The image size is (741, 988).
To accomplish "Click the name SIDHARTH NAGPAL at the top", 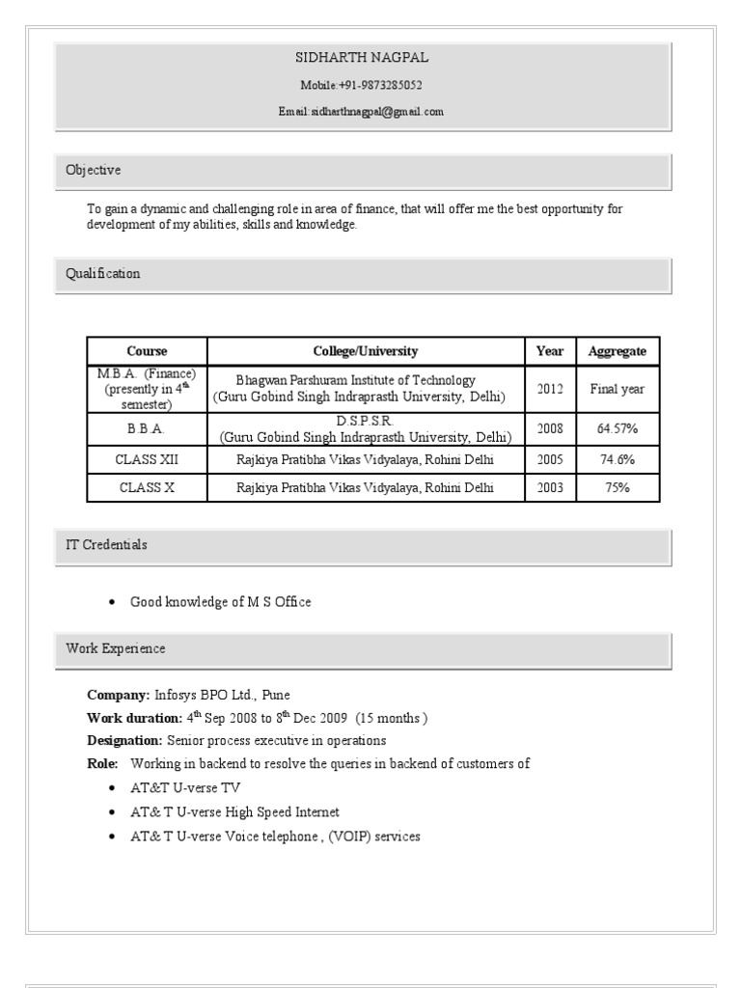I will click(x=362, y=58).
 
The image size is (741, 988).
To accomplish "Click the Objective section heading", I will click(x=94, y=171).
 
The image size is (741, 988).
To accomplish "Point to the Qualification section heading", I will click(x=103, y=274).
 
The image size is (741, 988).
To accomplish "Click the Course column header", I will click(x=147, y=351).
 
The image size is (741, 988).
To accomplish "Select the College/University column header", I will click(x=366, y=351).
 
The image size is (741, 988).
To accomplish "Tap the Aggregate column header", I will click(x=617, y=351).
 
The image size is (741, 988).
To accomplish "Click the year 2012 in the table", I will click(x=550, y=390).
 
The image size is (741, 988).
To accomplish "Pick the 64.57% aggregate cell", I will click(x=617, y=428).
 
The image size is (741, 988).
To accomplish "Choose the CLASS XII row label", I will click(x=147, y=459).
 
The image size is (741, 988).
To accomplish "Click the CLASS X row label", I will click(x=147, y=488).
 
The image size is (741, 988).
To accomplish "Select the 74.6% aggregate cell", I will click(x=617, y=459).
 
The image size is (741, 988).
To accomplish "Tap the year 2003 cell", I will click(x=550, y=488).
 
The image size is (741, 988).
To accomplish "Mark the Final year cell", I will click(x=617, y=390).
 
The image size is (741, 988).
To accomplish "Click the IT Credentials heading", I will click(x=106, y=545).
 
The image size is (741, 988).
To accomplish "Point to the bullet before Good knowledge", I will click(x=112, y=603).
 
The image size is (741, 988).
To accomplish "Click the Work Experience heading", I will click(x=115, y=649).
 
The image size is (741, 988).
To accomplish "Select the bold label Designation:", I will click(x=124, y=741).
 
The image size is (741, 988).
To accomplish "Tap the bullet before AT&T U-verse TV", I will click(x=112, y=788).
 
